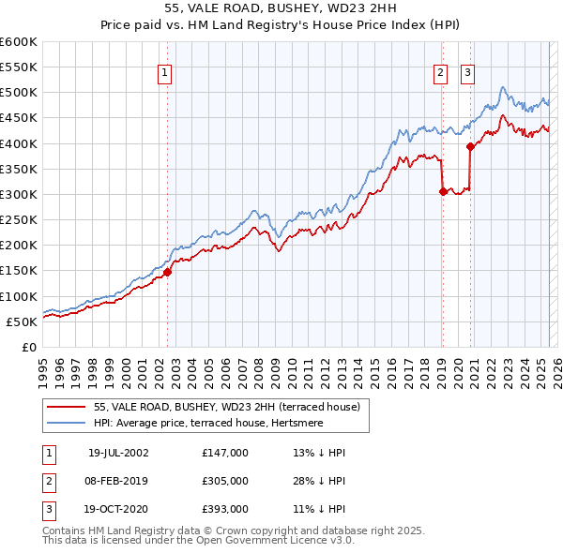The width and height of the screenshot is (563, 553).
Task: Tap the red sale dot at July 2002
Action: point(167,272)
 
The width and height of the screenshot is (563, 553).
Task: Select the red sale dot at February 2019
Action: point(442,191)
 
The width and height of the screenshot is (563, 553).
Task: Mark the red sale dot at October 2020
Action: point(470,146)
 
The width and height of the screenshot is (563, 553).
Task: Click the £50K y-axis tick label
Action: point(23,321)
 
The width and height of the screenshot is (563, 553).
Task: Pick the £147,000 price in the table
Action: point(225,452)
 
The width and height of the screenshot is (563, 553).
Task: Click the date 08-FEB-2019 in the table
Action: point(118,481)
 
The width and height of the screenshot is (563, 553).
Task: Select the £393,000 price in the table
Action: point(225,510)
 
